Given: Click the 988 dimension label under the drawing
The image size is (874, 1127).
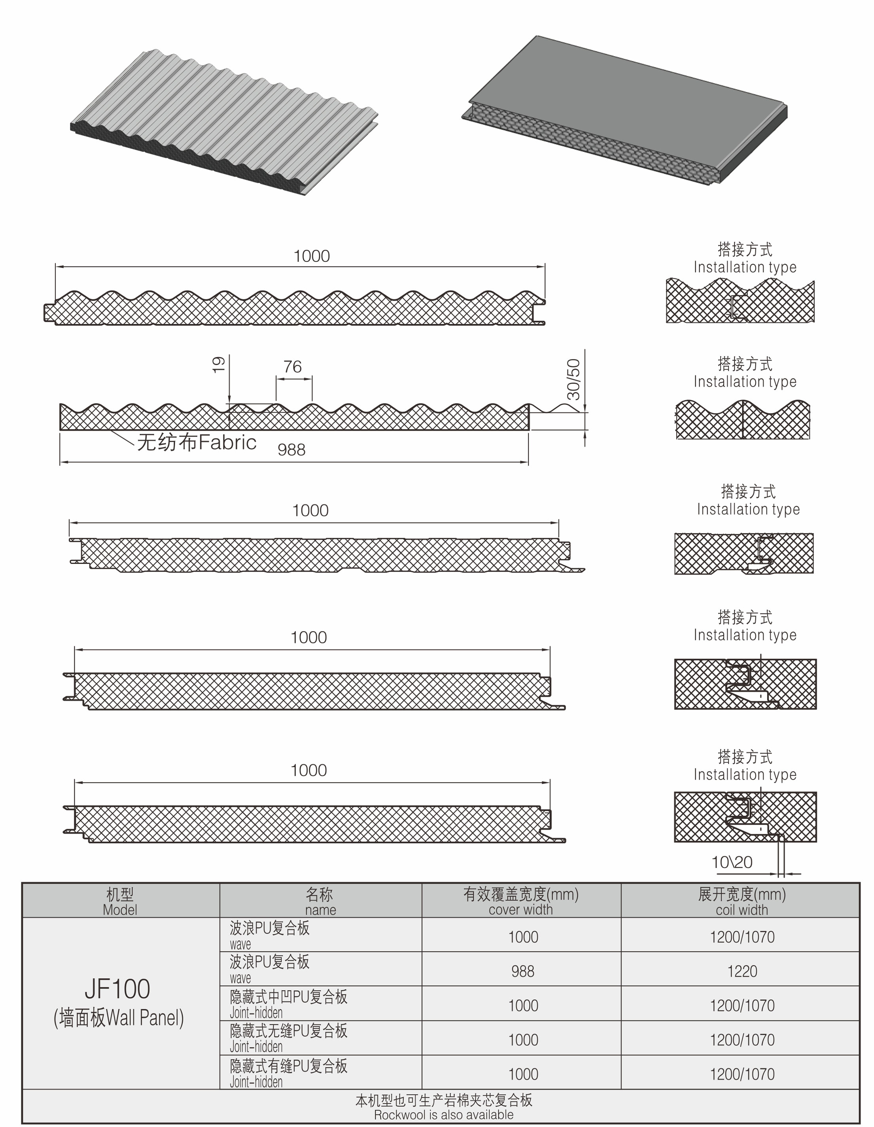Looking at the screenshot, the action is pos(291,450).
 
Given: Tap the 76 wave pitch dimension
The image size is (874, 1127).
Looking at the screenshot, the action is pos(293,367).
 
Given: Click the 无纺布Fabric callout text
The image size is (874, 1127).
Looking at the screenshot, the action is pos(197,442).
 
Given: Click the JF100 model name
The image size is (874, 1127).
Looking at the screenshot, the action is pos(117,989).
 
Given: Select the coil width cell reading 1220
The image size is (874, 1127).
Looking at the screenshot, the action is pos(742,971).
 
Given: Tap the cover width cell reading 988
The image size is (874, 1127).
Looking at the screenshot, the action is pos(523,971).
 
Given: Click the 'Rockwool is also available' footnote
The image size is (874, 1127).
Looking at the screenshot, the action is pos(444,1115).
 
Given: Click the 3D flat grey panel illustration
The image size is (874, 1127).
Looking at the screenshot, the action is pos(624,109).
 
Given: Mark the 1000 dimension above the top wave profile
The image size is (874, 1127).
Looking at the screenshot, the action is pos(312,256).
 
